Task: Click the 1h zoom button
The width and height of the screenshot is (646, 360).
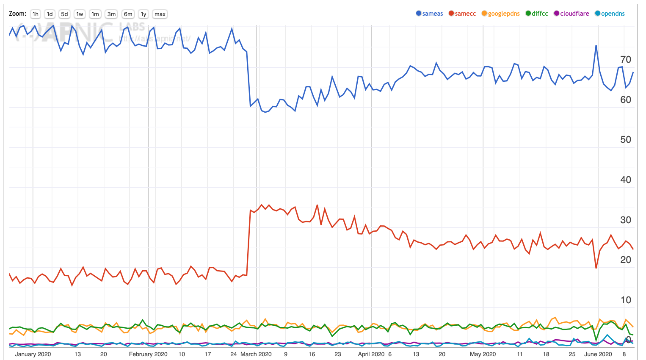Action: [36, 14]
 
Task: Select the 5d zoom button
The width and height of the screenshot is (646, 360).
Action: [64, 14]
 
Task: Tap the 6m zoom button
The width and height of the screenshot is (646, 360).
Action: [128, 14]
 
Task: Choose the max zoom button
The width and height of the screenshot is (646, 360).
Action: [160, 14]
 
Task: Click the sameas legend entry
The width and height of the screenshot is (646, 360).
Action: [430, 14]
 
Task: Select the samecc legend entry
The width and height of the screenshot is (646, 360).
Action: [462, 14]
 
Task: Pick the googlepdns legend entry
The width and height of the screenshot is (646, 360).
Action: [501, 14]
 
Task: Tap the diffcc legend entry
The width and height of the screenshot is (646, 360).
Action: [537, 14]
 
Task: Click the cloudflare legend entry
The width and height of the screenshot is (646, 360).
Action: [571, 14]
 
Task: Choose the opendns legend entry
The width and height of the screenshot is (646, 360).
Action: [610, 14]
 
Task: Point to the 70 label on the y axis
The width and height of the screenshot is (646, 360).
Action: [625, 59]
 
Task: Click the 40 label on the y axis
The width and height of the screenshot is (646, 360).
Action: [625, 180]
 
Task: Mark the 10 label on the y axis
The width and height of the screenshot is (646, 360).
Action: [625, 300]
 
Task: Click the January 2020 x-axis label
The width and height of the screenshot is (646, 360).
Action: [33, 354]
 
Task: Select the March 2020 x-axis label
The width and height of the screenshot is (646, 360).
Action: [256, 354]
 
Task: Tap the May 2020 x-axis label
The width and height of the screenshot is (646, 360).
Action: [483, 354]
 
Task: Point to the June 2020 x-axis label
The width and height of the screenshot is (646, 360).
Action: [598, 354]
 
